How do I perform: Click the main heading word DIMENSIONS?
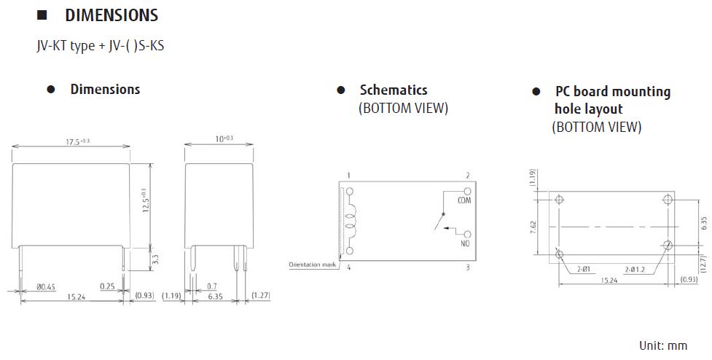pyautogui.click(x=112, y=15)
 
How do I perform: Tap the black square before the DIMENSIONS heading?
pyautogui.click(x=42, y=15)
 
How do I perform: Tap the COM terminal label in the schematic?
pyautogui.click(x=464, y=200)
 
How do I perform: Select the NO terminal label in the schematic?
pyautogui.click(x=464, y=245)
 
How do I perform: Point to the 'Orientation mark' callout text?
pyautogui.click(x=312, y=265)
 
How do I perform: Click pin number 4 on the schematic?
pyautogui.click(x=349, y=268)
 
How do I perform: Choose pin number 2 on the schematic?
pyautogui.click(x=467, y=176)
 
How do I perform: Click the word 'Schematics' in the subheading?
pyautogui.click(x=394, y=90)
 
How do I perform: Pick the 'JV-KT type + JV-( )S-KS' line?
pyautogui.click(x=104, y=46)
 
